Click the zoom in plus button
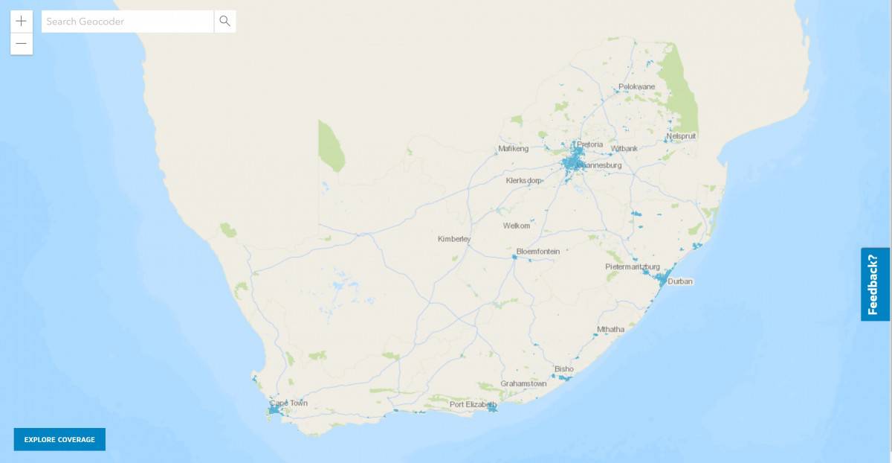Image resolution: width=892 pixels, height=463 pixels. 21,21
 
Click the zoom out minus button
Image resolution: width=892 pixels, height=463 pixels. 21,44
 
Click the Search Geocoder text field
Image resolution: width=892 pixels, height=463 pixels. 127,22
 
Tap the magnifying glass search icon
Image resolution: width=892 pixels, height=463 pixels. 225,22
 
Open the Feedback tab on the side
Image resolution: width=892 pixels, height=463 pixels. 875,284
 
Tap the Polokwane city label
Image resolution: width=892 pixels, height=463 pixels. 637,87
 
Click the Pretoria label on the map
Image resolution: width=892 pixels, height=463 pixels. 589,144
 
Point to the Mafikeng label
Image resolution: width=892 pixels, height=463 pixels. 513,149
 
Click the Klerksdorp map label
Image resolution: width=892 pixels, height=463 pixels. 524,181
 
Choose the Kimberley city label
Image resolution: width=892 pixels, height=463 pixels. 454,239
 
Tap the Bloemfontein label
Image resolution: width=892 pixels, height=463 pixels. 537,252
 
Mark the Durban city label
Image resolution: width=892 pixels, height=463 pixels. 680,282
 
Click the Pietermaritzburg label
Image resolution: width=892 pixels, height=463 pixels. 633,266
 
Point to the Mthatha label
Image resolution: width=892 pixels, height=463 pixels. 612,329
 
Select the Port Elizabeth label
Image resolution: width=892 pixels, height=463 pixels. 473,404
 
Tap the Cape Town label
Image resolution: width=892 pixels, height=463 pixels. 288,403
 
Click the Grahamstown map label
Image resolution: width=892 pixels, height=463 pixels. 523,384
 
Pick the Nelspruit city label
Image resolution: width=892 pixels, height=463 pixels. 682,136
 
